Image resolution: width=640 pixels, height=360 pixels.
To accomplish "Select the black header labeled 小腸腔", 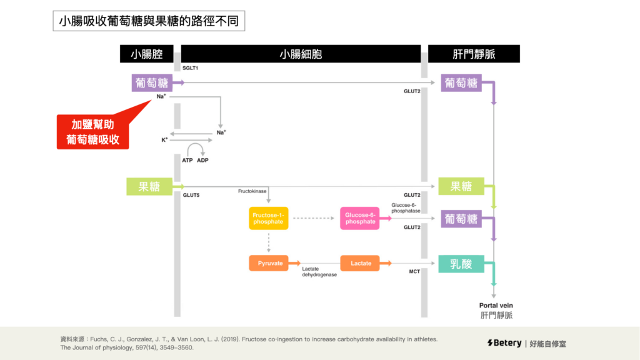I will [147, 54].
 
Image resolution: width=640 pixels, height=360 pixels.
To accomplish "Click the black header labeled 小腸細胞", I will [301, 54].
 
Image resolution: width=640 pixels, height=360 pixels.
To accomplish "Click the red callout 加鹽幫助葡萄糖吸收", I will [93, 132].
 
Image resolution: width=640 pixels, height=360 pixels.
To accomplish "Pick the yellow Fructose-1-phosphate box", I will [269, 218].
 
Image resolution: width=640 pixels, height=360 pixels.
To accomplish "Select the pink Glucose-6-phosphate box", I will [360, 218].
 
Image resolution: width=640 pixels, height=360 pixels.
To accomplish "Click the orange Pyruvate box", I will [269, 263].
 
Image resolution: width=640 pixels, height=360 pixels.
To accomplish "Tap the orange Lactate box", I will [361, 263].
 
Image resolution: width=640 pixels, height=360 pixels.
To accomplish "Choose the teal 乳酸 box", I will [461, 263].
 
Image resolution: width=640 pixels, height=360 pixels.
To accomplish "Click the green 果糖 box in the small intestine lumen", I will [149, 186].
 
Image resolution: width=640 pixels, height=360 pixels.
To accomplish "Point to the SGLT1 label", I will [191, 67].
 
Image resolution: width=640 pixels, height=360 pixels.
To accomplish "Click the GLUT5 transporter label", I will [191, 195].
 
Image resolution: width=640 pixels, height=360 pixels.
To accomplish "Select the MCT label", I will [414, 272].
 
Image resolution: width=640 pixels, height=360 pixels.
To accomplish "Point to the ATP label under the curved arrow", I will [187, 160].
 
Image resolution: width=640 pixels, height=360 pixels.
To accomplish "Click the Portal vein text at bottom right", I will [496, 305].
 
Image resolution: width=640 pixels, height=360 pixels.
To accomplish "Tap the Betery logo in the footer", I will [504, 343].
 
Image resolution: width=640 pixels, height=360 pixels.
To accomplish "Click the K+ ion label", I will [164, 140].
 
